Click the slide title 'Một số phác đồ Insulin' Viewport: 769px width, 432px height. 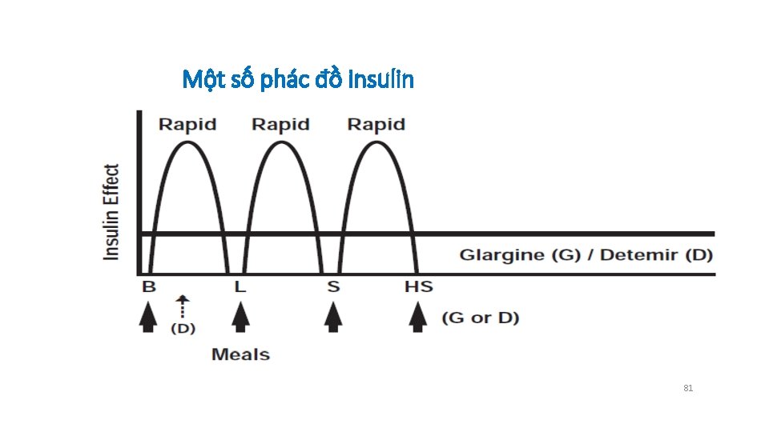pyautogui.click(x=298, y=79)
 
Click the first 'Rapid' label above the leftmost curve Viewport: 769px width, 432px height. pyautogui.click(x=187, y=124)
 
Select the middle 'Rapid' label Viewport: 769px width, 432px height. pyautogui.click(x=280, y=124)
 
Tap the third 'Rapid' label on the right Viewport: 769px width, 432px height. pyautogui.click(x=376, y=124)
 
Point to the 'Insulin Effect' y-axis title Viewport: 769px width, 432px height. pyautogui.click(x=112, y=211)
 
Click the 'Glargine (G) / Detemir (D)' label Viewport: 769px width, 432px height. pyautogui.click(x=586, y=255)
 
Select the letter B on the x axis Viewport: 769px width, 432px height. pyautogui.click(x=149, y=286)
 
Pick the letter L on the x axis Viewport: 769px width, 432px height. pyautogui.click(x=240, y=286)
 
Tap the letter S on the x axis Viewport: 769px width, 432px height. pyautogui.click(x=333, y=286)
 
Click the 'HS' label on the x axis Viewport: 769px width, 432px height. pyautogui.click(x=418, y=286)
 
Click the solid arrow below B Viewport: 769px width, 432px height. pyautogui.click(x=148, y=318)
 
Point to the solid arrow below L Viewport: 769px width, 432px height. pyautogui.click(x=240, y=318)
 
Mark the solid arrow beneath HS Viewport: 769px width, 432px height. pyautogui.click(x=417, y=318)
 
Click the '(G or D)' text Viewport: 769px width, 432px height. pyautogui.click(x=480, y=318)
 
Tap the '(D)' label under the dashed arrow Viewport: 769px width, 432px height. pyautogui.click(x=183, y=328)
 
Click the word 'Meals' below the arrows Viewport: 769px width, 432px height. pyautogui.click(x=240, y=354)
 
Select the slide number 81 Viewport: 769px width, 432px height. pyautogui.click(x=688, y=388)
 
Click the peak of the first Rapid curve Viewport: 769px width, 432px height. pyautogui.click(x=188, y=142)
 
